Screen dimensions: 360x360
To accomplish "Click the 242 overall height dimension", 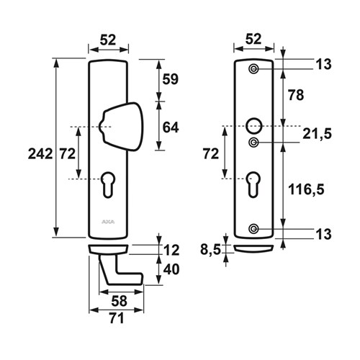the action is click(x=40, y=154).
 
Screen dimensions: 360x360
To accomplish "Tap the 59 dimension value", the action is click(x=171, y=79).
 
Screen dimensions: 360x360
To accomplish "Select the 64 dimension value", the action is click(x=171, y=127).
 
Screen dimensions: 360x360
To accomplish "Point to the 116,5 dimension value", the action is click(x=306, y=189).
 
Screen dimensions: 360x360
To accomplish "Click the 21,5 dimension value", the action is click(x=317, y=134).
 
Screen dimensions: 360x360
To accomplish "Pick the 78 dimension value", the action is click(x=296, y=95).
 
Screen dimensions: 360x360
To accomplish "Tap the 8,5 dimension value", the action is click(x=210, y=250).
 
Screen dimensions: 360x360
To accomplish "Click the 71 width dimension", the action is click(x=117, y=318).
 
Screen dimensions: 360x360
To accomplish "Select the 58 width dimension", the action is click(x=119, y=301).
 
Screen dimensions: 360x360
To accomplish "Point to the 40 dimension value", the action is click(x=171, y=269).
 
